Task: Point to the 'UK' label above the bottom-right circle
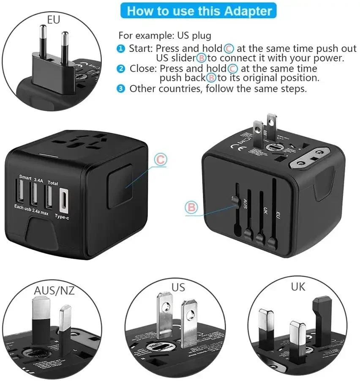point(298,287)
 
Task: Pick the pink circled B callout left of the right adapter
point(191,207)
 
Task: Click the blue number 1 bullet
point(122,49)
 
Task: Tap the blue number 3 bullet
point(122,88)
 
